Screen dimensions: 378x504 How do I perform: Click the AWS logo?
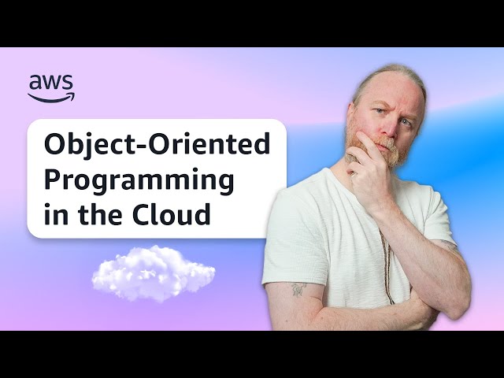(x=51, y=87)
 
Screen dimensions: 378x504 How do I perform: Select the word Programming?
(x=139, y=180)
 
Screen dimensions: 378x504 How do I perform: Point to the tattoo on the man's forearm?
(x=298, y=289)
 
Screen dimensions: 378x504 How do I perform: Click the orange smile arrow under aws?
(x=52, y=97)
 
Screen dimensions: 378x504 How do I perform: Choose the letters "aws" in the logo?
(x=51, y=82)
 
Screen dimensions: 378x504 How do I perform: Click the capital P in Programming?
(x=51, y=180)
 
